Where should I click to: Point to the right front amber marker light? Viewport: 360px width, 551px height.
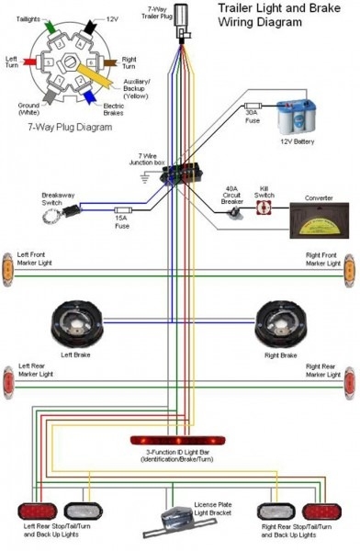[350, 268]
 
